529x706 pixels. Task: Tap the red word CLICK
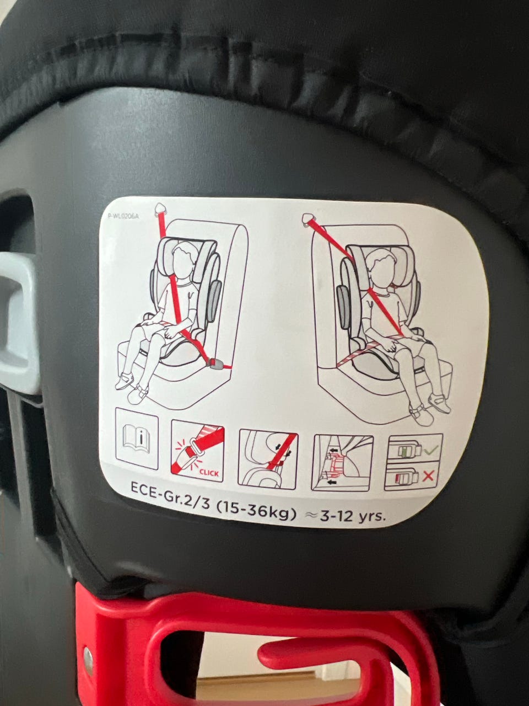coord(209,473)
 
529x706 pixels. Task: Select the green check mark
coord(431,450)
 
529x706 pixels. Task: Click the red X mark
coord(428,477)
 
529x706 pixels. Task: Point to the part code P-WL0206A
coord(123,216)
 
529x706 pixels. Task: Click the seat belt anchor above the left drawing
coord(160,210)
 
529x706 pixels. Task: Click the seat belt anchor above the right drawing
coord(309,219)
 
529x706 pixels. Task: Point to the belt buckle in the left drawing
coord(214,363)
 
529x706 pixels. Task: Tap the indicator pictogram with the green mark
coord(414,448)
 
